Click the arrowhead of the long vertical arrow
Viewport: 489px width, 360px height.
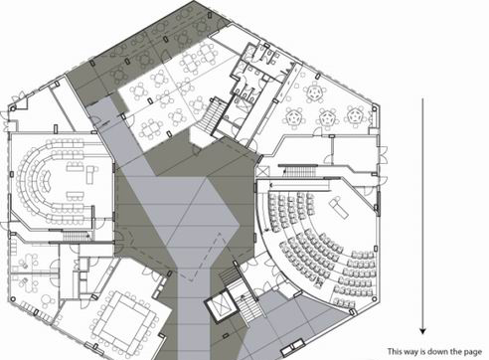pyautogui.click(x=422, y=331)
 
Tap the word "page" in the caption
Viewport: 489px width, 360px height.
pyautogui.click(x=472, y=352)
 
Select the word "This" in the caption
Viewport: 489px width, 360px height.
pyautogui.click(x=395, y=351)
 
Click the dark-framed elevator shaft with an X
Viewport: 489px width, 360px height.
pyautogui.click(x=220, y=305)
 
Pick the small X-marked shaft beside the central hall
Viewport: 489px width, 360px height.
pyautogui.click(x=264, y=171)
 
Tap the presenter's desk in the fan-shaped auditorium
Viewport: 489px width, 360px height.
pyautogui.click(x=338, y=207)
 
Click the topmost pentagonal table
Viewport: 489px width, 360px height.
pyautogui.click(x=314, y=92)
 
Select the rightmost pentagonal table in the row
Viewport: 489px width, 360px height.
pyautogui.click(x=355, y=115)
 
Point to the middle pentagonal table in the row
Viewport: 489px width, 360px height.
pyautogui.click(x=327, y=117)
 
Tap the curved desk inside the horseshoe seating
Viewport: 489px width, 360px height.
pyautogui.click(x=47, y=179)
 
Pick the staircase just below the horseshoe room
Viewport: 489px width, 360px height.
pyautogui.click(x=73, y=237)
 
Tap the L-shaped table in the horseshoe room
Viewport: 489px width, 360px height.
pyautogui.click(x=90, y=173)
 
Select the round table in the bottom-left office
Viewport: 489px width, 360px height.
pyautogui.click(x=49, y=301)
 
